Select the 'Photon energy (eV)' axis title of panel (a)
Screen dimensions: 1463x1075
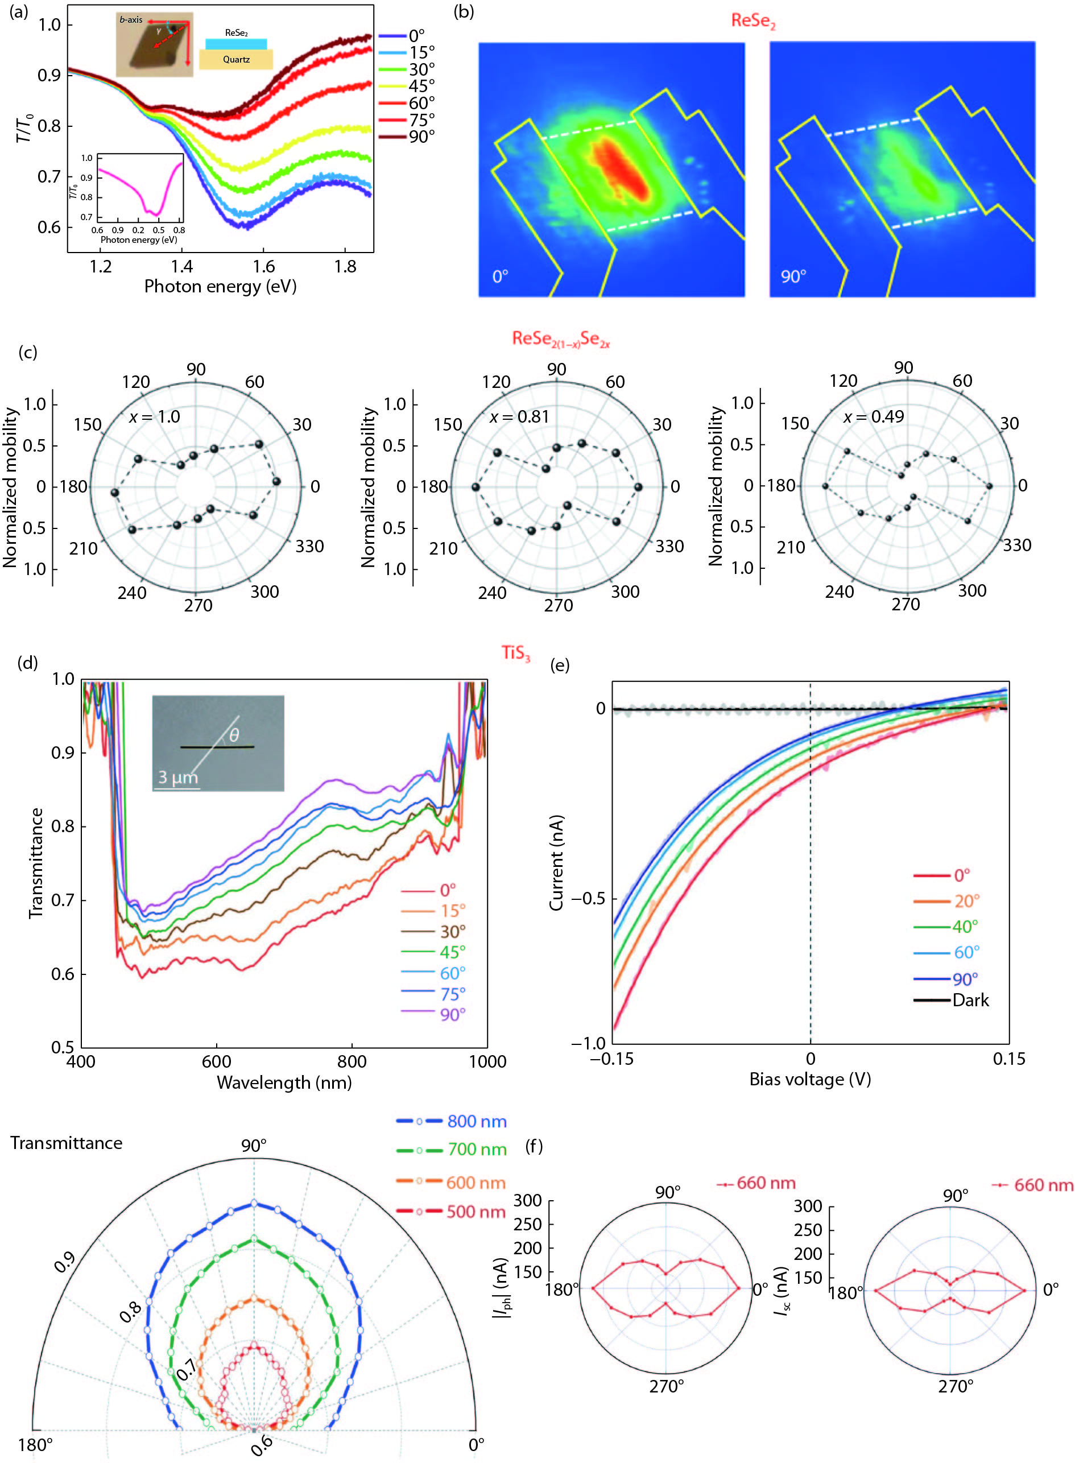tap(220, 286)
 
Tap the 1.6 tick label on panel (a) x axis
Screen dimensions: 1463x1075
tap(263, 266)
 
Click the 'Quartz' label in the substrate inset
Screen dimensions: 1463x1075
tap(236, 59)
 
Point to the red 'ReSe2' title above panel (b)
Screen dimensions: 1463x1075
tap(753, 21)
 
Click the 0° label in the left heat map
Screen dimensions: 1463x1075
tap(500, 276)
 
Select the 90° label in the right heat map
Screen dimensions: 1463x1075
tap(793, 276)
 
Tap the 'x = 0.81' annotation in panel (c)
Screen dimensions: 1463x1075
tap(519, 416)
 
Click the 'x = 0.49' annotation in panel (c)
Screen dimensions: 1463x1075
tap(873, 416)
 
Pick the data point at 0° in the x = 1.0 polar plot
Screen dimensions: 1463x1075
tap(276, 482)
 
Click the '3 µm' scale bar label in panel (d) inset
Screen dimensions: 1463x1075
tap(177, 778)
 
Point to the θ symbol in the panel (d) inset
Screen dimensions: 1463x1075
tap(234, 735)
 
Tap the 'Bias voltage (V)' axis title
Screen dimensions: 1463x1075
tap(809, 1079)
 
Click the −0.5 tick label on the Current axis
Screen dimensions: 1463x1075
tap(588, 899)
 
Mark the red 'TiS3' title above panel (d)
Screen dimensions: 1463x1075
tap(515, 654)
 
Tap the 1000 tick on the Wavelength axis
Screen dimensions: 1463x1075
tap(487, 1061)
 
